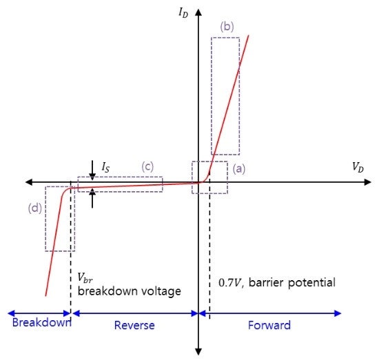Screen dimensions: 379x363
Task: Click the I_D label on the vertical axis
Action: (x=183, y=12)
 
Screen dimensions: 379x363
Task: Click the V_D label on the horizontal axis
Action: (x=358, y=167)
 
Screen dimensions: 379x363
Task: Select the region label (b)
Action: (x=227, y=27)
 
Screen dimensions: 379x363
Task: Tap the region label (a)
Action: (x=239, y=168)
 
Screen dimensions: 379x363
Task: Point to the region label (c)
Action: (x=147, y=166)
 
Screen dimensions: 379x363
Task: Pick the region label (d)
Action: (x=35, y=208)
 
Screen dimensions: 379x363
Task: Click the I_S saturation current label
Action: (x=106, y=167)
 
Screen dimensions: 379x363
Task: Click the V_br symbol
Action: (x=85, y=277)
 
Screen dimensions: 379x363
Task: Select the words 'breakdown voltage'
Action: (x=130, y=291)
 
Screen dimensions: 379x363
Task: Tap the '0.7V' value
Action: (x=230, y=283)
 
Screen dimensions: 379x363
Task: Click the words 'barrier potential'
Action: (x=292, y=283)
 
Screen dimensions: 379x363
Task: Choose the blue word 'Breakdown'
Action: (x=41, y=322)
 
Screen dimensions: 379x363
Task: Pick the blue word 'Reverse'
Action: (x=134, y=325)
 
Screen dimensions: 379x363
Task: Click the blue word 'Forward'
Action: (x=269, y=325)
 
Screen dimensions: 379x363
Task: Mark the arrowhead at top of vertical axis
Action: (x=198, y=12)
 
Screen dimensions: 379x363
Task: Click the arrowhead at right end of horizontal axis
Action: (x=367, y=182)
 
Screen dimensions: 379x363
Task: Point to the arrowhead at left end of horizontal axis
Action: (x=29, y=182)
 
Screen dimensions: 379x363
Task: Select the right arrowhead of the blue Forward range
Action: (x=338, y=313)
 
